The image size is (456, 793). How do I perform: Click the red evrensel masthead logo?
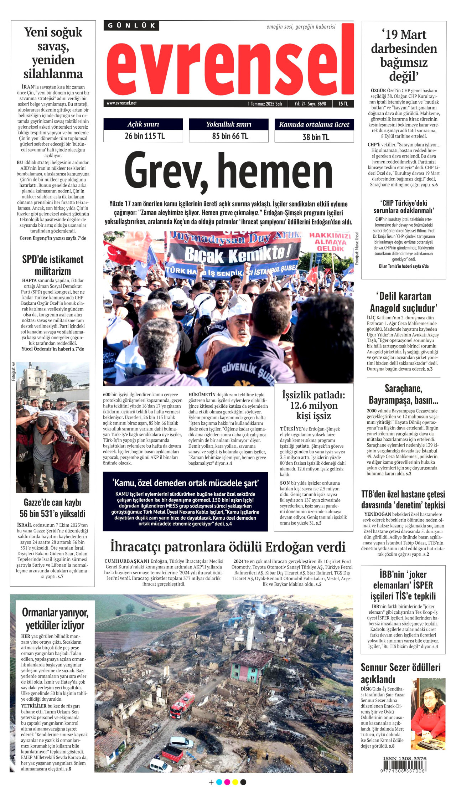230,64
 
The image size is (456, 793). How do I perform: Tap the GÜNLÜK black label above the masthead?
131,26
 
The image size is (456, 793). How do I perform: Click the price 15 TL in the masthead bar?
343,104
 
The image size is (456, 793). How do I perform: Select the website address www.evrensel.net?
121,103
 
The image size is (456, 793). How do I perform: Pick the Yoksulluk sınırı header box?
228,124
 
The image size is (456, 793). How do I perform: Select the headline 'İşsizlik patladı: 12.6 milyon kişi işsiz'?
313,405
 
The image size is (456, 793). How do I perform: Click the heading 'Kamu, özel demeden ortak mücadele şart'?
185,483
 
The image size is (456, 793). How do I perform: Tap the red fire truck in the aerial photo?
182,705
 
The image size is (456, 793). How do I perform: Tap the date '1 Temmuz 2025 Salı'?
265,104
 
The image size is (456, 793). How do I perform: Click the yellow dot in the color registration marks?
235,782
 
